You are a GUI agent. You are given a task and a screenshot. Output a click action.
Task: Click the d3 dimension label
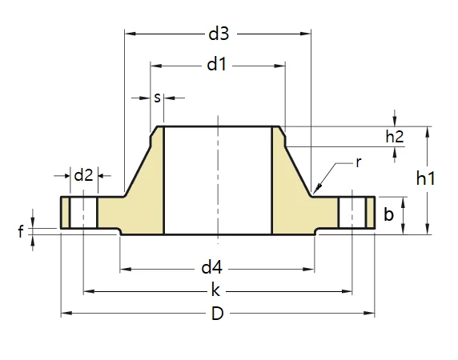[218, 34]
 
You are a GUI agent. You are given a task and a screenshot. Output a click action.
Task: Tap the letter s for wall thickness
[158, 98]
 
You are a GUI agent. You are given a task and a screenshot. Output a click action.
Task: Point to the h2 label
[395, 137]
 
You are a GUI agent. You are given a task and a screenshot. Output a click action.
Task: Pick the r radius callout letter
[359, 162]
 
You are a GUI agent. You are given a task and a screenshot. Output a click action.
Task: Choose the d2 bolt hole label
[83, 175]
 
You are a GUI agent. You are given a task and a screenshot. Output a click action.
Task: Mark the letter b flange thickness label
[388, 214]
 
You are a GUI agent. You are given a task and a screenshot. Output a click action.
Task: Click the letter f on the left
[21, 233]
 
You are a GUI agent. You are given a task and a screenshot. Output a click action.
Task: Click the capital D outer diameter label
[217, 314]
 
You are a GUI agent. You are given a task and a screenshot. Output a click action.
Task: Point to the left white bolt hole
[83, 214]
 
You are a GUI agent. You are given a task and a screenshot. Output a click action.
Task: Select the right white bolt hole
[352, 214]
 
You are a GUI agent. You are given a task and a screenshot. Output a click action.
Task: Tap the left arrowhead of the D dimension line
[64, 314]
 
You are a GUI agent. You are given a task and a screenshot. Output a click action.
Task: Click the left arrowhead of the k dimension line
[86, 291]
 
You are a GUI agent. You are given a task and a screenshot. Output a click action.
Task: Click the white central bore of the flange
[217, 180]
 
